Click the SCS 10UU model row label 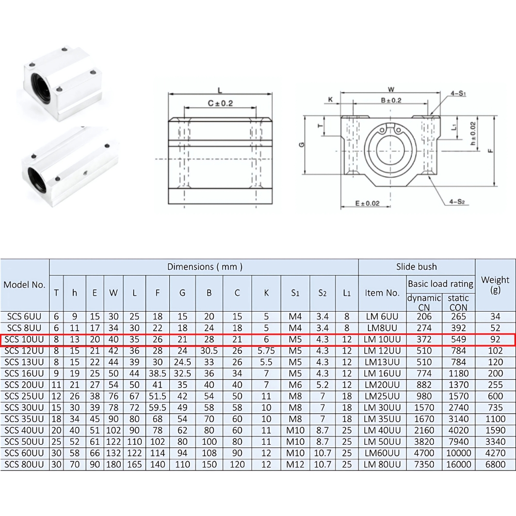pyautogui.click(x=24, y=339)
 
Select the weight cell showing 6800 pyautogui.click(x=495, y=464)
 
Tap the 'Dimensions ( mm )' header pyautogui.click(x=204, y=267)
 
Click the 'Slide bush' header pyautogui.click(x=416, y=267)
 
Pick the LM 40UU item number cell pyautogui.click(x=382, y=430)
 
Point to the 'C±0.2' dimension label pyautogui.click(x=220, y=103)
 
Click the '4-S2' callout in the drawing pyautogui.click(x=457, y=202)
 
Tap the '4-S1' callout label pyautogui.click(x=458, y=94)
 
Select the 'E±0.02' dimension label pyautogui.click(x=367, y=203)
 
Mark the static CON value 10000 pyautogui.click(x=458, y=453)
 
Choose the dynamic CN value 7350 pyautogui.click(x=424, y=464)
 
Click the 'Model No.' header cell pyautogui.click(x=24, y=284)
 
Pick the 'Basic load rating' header pyautogui.click(x=440, y=284)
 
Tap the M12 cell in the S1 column pyautogui.click(x=295, y=464)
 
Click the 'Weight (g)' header pyautogui.click(x=495, y=284)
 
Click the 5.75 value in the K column pyautogui.click(x=266, y=350)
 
